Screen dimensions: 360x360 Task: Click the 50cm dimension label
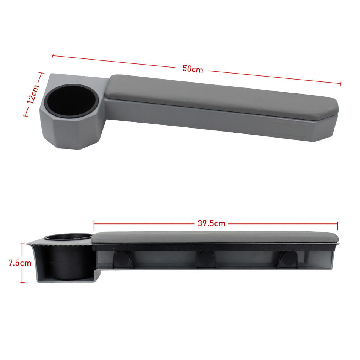pyautogui.click(x=193, y=69)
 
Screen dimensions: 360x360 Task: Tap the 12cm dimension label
pyautogui.click(x=33, y=94)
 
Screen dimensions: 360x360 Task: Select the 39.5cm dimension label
pyautogui.click(x=211, y=223)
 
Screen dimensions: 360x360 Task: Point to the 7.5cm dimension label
pyautogui.click(x=20, y=262)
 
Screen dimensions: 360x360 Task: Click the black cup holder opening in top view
pyautogui.click(x=71, y=100)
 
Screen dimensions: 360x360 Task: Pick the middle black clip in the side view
pyautogui.click(x=206, y=259)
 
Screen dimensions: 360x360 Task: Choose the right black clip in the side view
pyautogui.click(x=288, y=259)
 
